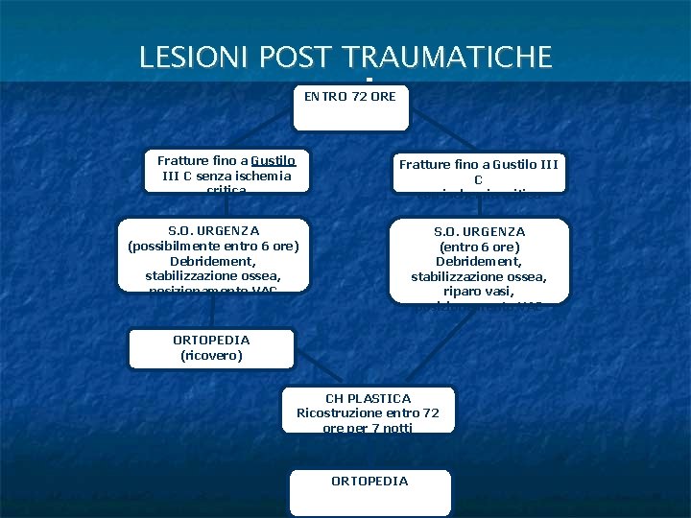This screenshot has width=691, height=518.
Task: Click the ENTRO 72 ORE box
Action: (350, 107)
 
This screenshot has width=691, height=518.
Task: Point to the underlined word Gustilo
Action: (275, 161)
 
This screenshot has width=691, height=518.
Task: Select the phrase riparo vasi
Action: (479, 292)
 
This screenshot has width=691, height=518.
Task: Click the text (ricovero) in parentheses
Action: (211, 355)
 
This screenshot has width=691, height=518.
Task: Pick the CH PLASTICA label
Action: (368, 398)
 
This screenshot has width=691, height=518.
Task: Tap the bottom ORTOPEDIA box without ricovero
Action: (369, 491)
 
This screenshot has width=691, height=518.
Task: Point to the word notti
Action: (394, 428)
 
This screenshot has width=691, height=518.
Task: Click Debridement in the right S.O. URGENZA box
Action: (479, 262)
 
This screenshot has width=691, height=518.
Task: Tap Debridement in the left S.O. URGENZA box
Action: (213, 261)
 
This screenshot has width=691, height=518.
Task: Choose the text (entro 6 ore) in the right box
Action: (479, 247)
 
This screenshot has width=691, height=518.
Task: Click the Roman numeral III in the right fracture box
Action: (546, 165)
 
